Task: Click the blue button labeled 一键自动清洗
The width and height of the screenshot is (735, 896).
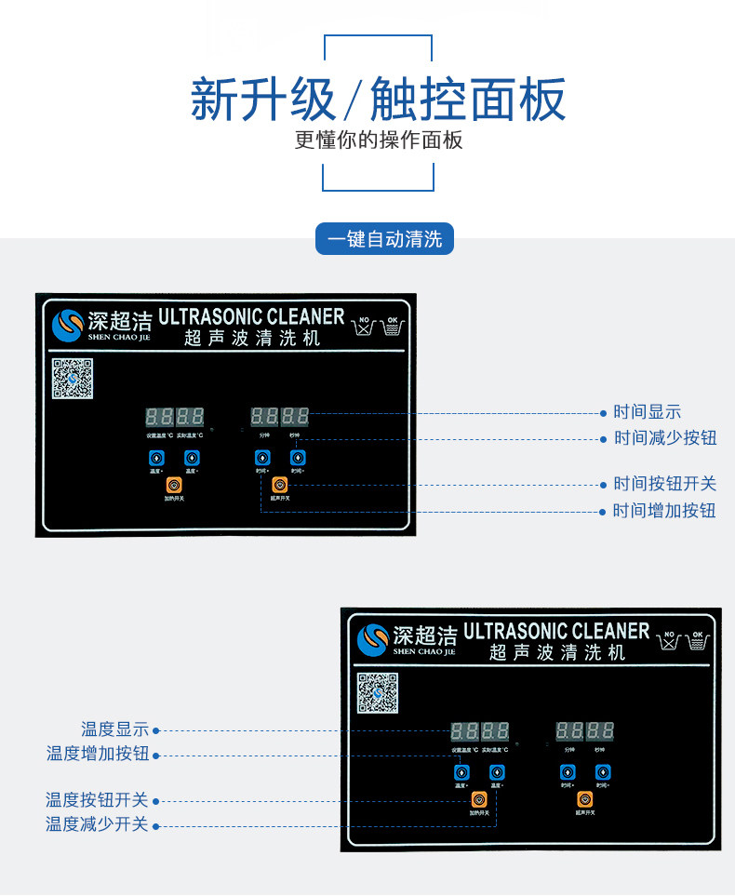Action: (384, 238)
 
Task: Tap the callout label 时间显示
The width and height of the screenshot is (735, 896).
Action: (647, 412)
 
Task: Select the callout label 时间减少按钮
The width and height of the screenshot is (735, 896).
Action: (664, 438)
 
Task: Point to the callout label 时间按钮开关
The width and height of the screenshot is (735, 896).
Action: (664, 484)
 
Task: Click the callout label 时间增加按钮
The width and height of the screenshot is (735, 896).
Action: (664, 511)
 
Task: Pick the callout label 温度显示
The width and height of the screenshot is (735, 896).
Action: (114, 730)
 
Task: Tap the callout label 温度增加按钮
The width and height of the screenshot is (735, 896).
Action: (98, 754)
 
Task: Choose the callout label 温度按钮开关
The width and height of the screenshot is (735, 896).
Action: (97, 800)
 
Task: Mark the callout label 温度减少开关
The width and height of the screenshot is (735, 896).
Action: (97, 824)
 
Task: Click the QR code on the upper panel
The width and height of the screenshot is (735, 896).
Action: (73, 379)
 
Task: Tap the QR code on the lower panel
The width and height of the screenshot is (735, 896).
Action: (378, 693)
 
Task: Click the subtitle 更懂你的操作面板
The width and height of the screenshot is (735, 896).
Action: (379, 140)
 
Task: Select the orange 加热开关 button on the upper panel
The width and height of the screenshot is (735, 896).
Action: (174, 485)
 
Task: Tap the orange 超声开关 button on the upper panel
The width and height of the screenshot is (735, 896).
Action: (279, 485)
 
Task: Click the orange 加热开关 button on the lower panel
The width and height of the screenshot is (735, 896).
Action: (479, 799)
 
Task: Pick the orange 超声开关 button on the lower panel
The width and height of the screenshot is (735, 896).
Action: (584, 799)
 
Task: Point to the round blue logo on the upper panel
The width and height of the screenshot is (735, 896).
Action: (68, 326)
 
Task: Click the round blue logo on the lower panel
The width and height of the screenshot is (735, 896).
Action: (373, 640)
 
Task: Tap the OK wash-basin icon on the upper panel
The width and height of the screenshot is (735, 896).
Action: (393, 327)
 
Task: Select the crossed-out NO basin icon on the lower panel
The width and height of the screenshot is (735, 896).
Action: (666, 641)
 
